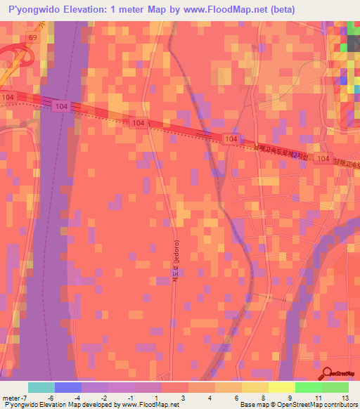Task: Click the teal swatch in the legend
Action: pos(41,387)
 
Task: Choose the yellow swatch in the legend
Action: pos(282,387)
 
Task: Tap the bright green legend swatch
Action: pos(309,387)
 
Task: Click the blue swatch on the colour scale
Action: pos(68,387)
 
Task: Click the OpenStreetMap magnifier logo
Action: pos(327,374)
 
